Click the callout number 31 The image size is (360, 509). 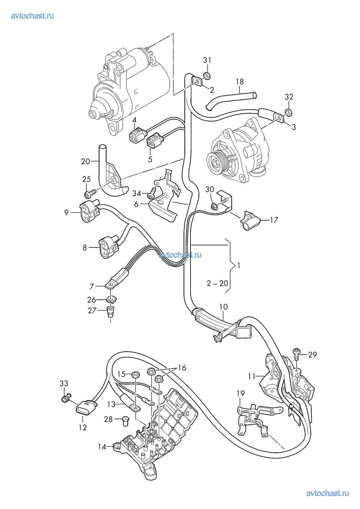(207, 60)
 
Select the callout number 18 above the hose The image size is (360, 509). (240, 82)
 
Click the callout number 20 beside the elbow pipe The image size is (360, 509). (85, 161)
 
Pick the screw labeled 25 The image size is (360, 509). (89, 190)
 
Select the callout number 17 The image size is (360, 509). (274, 220)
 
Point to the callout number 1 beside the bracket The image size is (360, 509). (239, 266)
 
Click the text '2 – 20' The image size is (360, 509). (218, 283)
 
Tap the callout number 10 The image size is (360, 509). (224, 307)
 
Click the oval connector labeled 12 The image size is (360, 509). (85, 410)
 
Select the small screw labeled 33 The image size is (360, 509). (65, 399)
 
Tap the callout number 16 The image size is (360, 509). (182, 368)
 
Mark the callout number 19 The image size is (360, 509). (241, 394)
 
